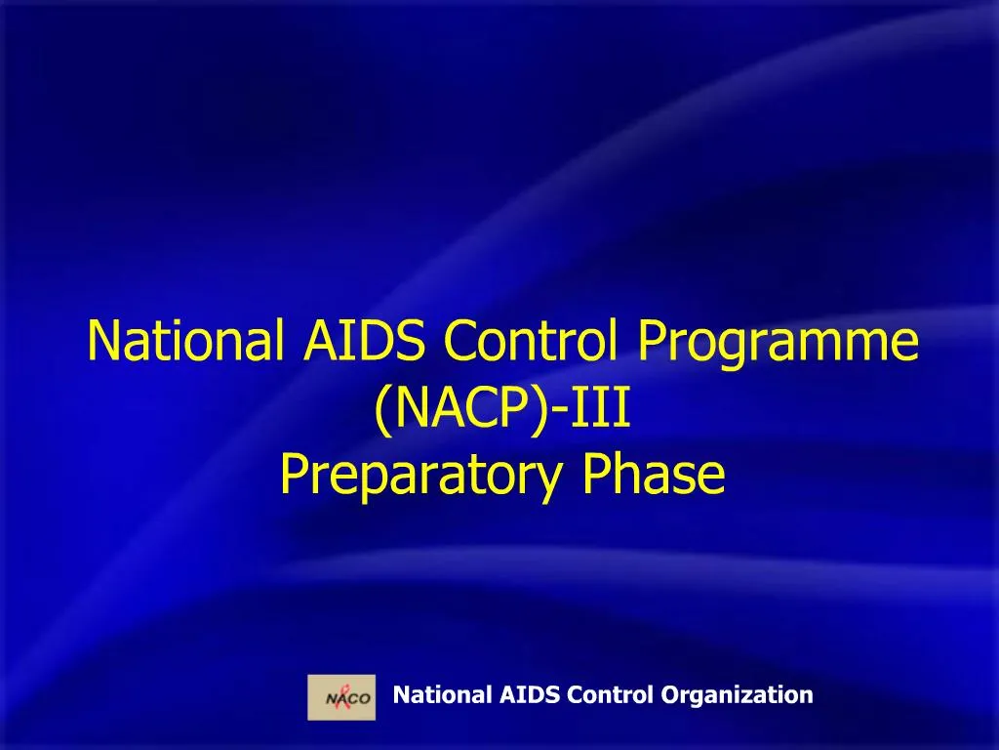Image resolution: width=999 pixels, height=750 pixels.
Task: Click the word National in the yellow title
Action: (x=182, y=341)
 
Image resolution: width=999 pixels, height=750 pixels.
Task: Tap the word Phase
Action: (x=653, y=475)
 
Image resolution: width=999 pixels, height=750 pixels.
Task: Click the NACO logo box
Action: (x=341, y=696)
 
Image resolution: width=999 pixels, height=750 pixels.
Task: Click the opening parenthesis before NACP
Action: (x=382, y=410)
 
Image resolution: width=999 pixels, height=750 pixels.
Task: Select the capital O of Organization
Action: (x=669, y=695)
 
